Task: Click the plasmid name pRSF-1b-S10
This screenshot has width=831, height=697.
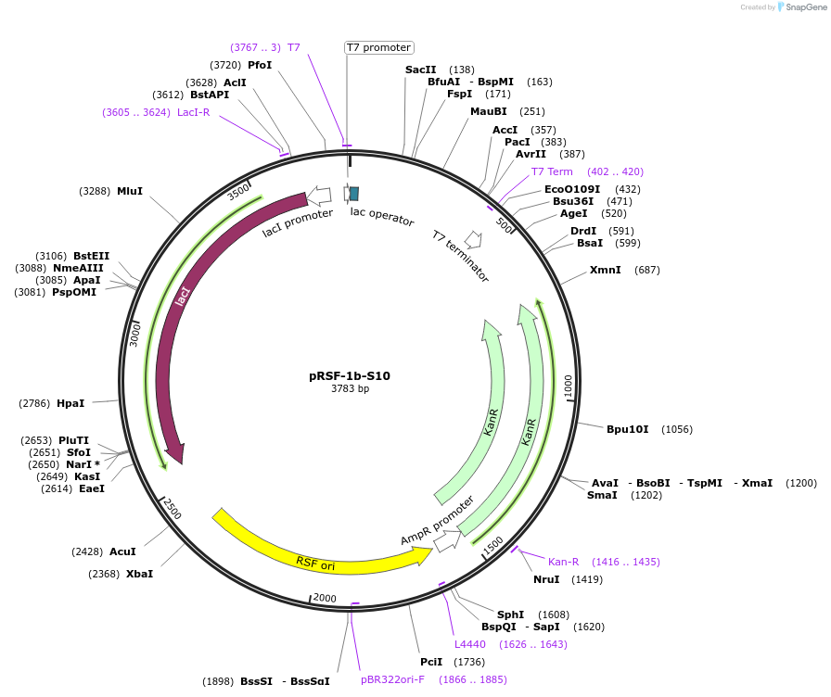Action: coord(349,376)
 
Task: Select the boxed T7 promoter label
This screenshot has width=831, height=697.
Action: coord(378,47)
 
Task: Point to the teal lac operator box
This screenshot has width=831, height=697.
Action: coord(352,193)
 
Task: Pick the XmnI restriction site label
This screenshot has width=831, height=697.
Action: coord(605,270)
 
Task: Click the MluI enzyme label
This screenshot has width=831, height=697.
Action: coord(130,191)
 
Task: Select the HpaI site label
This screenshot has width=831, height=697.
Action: coord(70,403)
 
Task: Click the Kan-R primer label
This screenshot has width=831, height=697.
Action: coord(563,562)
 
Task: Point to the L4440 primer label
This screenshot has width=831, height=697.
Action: coord(469,644)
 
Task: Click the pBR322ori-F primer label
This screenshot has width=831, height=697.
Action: coord(392,679)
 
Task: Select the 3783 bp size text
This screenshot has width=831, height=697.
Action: coord(350,389)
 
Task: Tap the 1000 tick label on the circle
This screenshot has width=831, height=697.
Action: coord(569,384)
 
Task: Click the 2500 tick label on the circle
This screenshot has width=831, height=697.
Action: coord(173,509)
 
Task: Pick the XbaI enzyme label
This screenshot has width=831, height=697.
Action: coord(139,574)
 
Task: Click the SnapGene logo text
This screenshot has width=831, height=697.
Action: coord(803,6)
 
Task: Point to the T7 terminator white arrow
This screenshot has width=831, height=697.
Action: coord(473,240)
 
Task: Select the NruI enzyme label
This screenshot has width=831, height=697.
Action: coord(546,579)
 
